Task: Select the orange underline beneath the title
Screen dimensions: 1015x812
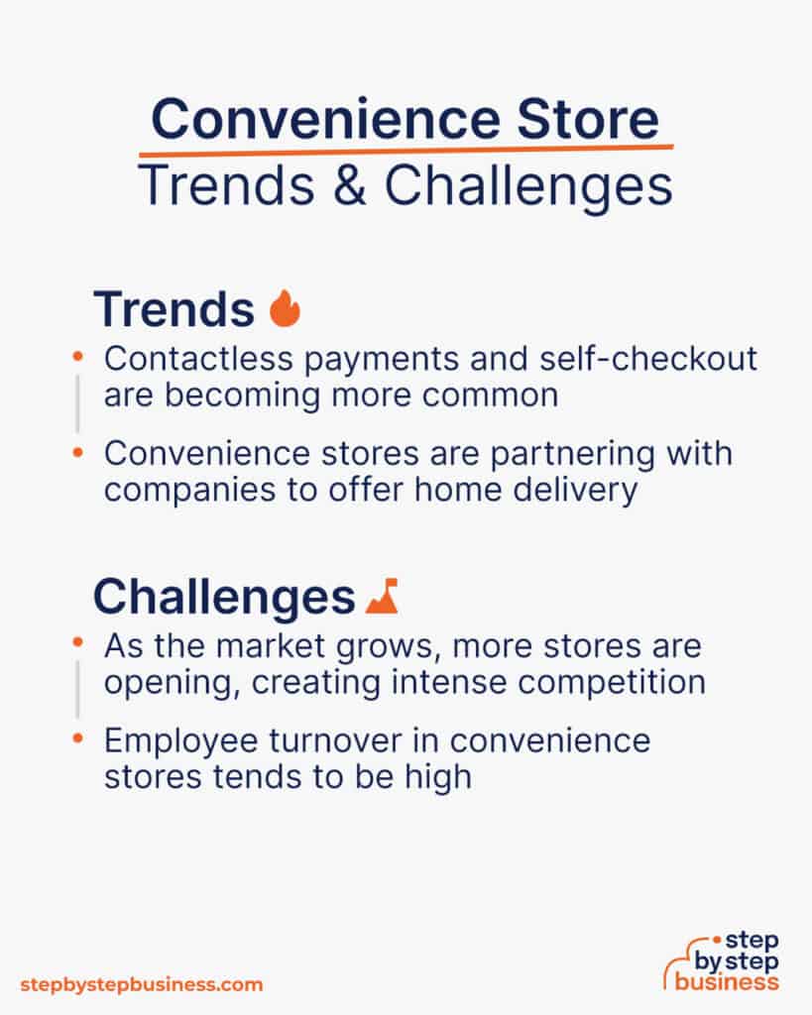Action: coord(406,151)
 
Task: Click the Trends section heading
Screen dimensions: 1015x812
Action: coord(174,309)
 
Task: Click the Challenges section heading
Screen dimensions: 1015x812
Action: coord(223,597)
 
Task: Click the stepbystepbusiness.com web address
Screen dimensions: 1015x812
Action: coord(142,984)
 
